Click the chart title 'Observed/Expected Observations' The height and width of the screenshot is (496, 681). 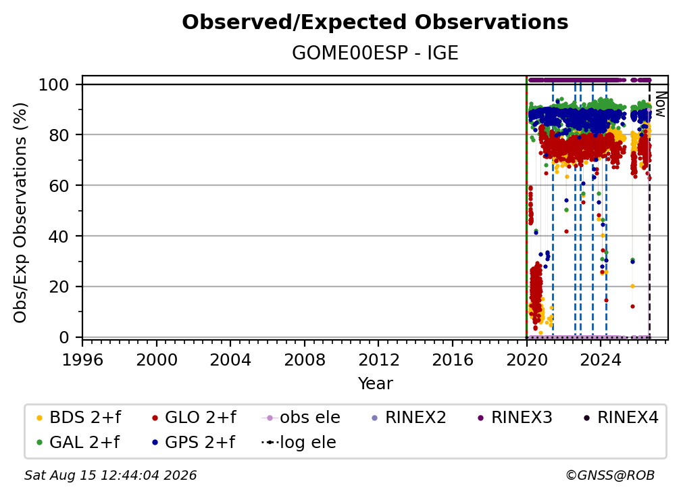click(x=375, y=22)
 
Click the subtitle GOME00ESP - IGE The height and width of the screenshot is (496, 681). click(x=375, y=53)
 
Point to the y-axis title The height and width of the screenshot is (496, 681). click(x=20, y=213)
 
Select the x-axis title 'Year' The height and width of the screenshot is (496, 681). click(x=375, y=384)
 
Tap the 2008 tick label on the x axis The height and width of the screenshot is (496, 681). click(x=305, y=360)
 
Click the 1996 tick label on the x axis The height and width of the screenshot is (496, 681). click(x=82, y=360)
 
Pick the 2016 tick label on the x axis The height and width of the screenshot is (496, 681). click(x=453, y=360)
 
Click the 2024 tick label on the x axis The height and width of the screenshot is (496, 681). click(x=601, y=360)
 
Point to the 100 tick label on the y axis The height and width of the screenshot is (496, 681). click(x=54, y=84)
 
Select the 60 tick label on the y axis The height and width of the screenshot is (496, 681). click(x=59, y=186)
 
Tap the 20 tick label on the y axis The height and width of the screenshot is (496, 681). click(x=59, y=287)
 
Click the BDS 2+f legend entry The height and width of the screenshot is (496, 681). click(x=78, y=418)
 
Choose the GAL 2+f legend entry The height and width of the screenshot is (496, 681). click(x=77, y=443)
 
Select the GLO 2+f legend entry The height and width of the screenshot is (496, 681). click(x=194, y=418)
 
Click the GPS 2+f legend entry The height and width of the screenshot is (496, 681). click(x=193, y=443)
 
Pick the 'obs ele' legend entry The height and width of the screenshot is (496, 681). click(x=301, y=418)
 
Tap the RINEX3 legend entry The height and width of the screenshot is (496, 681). click(x=515, y=418)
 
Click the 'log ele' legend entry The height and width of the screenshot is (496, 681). click(x=299, y=443)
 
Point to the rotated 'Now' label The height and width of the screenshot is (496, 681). click(x=660, y=104)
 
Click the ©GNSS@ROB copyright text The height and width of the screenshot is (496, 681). click(x=610, y=476)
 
